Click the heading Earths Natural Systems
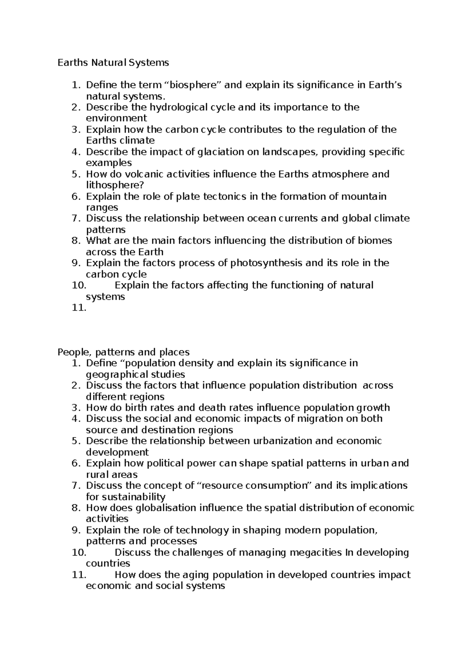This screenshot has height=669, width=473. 113,62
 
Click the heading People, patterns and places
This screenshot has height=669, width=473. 123,352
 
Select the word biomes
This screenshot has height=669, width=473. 374,241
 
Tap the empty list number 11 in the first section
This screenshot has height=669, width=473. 79,308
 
